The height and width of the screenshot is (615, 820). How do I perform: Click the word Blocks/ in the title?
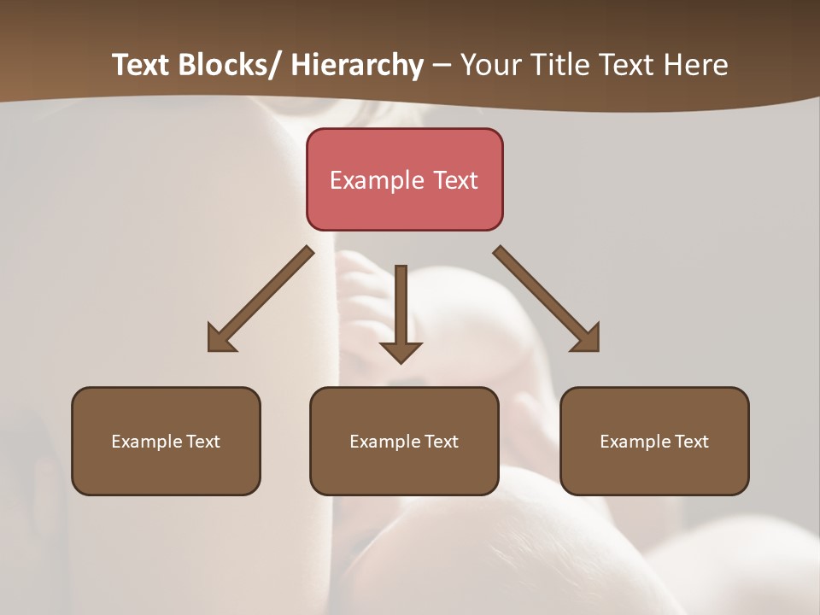[x=231, y=65]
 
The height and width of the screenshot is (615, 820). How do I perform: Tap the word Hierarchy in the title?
[x=357, y=65]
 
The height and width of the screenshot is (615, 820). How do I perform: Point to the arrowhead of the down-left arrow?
[x=219, y=340]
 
